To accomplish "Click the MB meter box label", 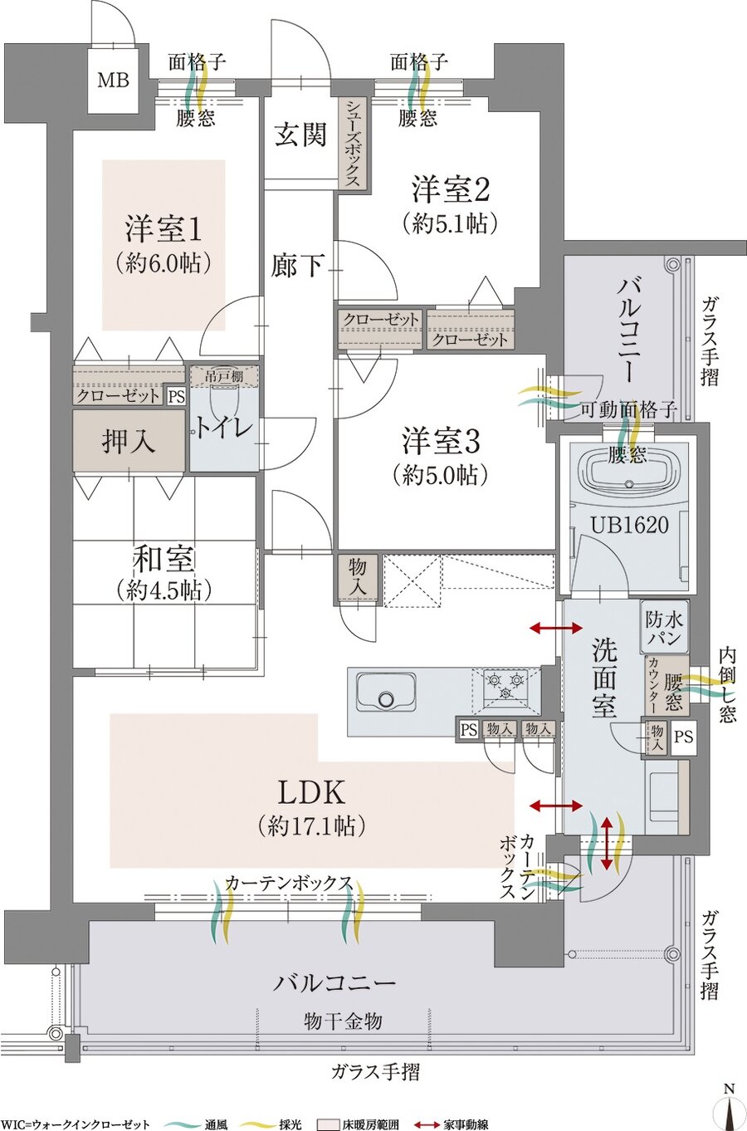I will click(113, 81).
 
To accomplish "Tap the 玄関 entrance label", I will click(300, 135).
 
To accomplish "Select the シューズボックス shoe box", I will click(353, 143).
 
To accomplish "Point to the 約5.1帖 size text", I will click(449, 223).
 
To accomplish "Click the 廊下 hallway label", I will click(297, 266).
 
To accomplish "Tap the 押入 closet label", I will click(129, 441).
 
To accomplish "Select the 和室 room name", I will click(164, 559).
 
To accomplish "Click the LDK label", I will click(310, 793).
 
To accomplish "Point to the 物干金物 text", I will click(343, 1021).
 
